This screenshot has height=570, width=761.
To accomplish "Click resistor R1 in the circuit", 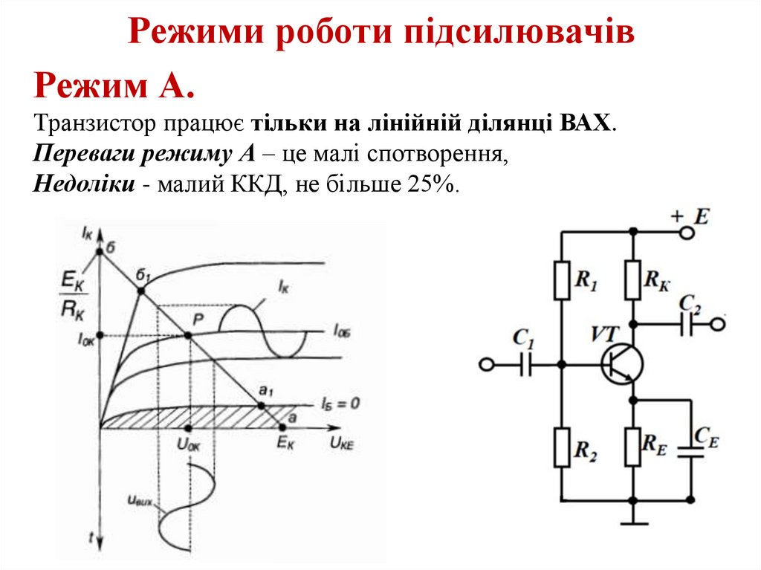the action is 561,279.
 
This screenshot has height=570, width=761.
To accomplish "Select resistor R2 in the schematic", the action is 561,447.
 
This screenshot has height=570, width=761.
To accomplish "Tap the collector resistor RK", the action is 632,279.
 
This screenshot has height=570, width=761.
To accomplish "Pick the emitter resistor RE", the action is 632,447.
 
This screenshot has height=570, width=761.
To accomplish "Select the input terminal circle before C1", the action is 486,365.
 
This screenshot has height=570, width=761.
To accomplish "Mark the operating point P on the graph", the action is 187,335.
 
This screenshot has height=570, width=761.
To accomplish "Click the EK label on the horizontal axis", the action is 285,444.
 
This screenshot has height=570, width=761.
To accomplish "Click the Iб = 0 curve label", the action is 340,404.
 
